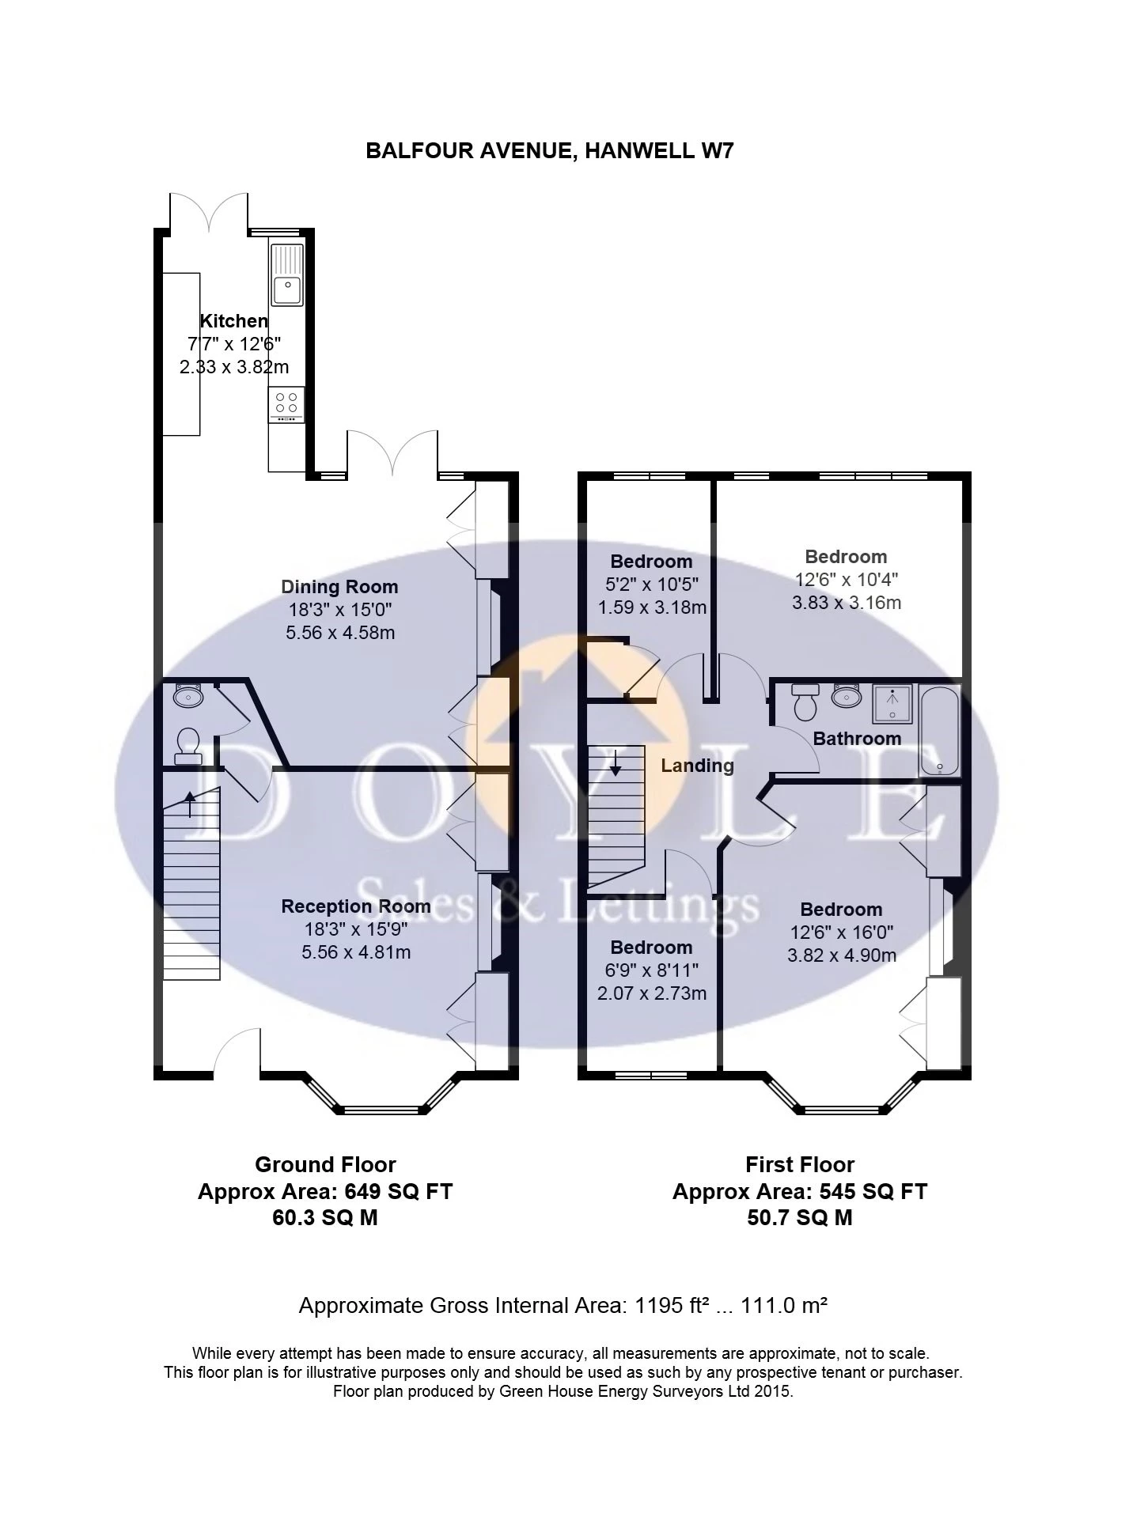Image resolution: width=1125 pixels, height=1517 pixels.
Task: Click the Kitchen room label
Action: pos(233,321)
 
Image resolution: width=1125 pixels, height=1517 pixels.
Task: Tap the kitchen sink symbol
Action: pos(287,274)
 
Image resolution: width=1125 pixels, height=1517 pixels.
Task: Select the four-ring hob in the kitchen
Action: pos(286,403)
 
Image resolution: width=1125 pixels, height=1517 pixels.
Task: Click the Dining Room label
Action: pos(339,587)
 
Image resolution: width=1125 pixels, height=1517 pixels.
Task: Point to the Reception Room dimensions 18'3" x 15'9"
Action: pos(355,929)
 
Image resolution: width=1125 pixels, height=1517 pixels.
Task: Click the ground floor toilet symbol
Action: pos(187,745)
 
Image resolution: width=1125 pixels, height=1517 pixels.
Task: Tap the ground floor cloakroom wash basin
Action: pos(188,696)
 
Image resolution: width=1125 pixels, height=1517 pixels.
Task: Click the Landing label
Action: pos(697,766)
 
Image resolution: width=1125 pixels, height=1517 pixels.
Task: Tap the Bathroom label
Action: pos(857,739)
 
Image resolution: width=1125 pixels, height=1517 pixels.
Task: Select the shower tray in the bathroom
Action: pos(892,704)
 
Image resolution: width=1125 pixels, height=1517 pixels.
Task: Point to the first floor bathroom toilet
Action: pos(805,702)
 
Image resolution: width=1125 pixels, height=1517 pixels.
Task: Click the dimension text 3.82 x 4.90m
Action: pos(842,955)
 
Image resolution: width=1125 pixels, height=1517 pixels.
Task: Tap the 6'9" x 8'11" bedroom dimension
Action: pos(651,970)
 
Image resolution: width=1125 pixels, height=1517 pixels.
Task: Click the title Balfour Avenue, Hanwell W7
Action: pos(549,150)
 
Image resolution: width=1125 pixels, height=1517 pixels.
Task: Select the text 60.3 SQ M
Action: pos(324,1218)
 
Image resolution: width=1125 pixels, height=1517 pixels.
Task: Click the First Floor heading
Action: pos(799,1164)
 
